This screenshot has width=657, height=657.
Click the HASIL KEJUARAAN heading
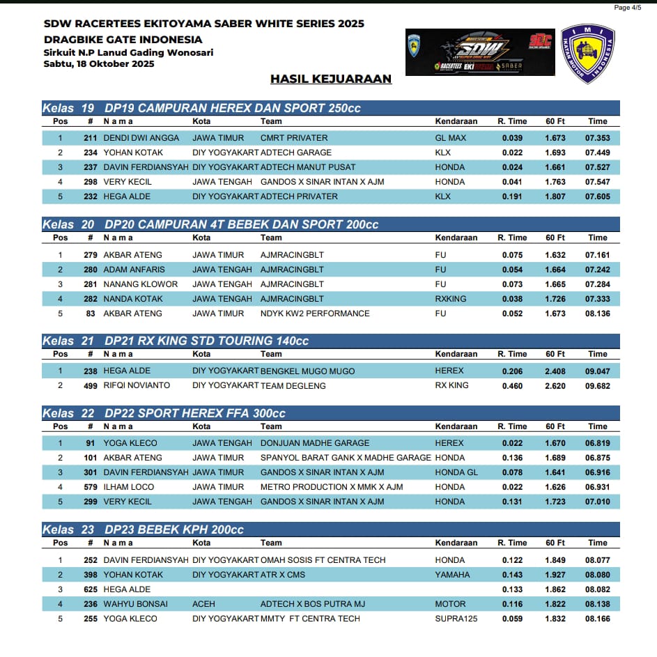(331, 79)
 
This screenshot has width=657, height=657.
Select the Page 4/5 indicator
(627, 8)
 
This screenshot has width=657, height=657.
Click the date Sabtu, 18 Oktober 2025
(99, 64)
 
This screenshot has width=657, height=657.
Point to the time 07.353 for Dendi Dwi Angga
(598, 138)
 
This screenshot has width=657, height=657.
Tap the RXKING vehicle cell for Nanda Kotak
(451, 299)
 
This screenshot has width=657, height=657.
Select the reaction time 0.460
(512, 386)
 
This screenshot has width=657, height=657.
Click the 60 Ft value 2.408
(555, 371)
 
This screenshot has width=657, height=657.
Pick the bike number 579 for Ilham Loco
(88, 487)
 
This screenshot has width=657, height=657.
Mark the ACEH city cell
(203, 604)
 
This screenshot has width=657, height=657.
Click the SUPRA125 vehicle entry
(456, 619)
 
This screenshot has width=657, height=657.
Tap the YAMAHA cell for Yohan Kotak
(452, 575)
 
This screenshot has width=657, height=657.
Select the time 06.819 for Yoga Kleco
(598, 443)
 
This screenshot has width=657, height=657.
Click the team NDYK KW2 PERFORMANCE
(315, 314)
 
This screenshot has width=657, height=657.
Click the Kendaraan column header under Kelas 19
(456, 121)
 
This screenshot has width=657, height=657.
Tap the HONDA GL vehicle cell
(456, 472)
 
